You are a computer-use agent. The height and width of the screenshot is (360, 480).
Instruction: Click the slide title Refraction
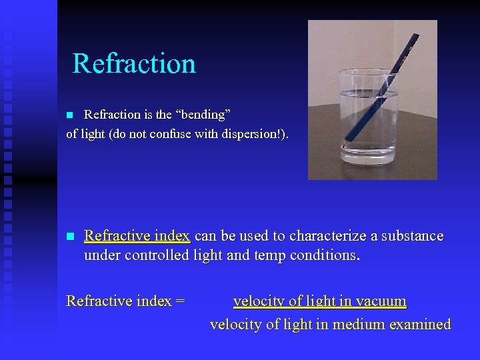[134, 64]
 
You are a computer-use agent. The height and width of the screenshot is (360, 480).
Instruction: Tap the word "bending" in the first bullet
[200, 115]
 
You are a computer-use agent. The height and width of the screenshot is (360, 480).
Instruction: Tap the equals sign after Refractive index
[179, 301]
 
